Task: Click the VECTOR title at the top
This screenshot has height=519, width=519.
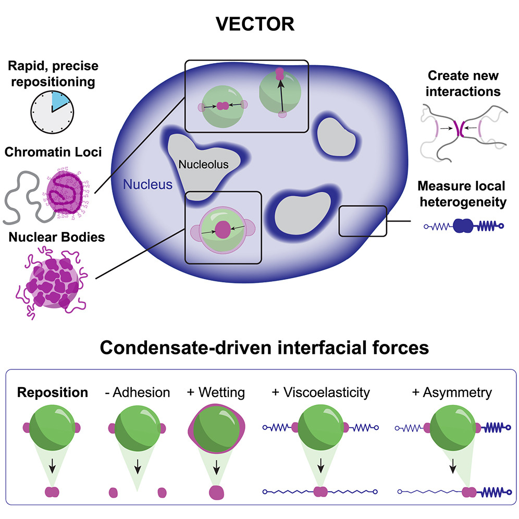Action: [x=259, y=24]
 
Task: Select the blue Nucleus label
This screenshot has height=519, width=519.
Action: [x=147, y=184]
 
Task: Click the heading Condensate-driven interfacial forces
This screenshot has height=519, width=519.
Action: [x=259, y=348]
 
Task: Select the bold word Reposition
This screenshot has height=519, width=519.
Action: [x=52, y=392]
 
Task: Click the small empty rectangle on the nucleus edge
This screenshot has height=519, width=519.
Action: [x=363, y=220]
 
